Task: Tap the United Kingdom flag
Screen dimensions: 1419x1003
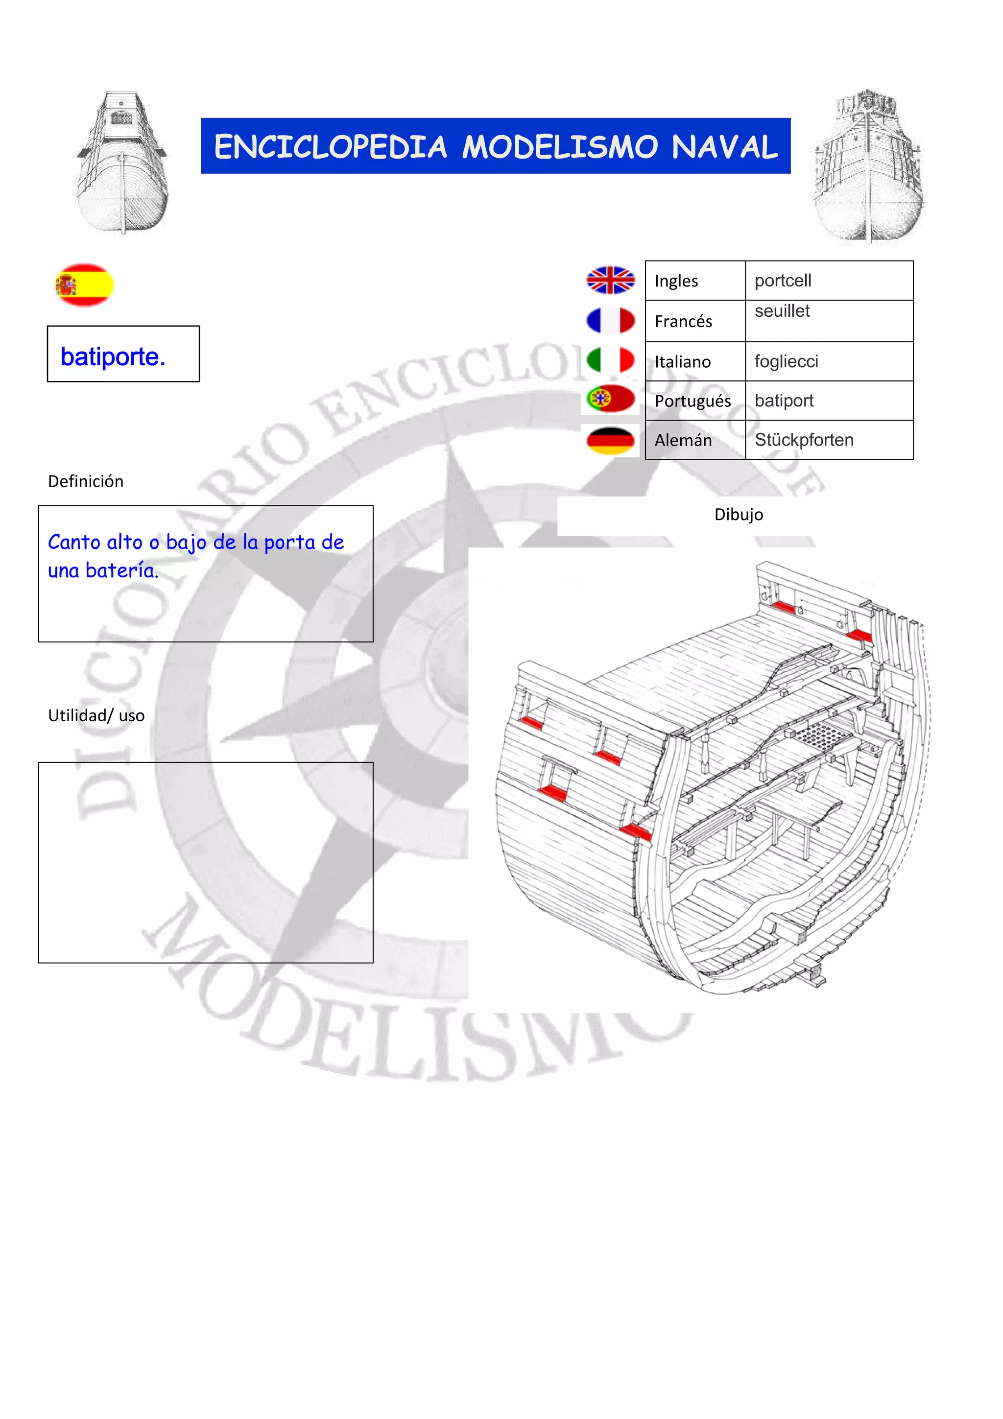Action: click(610, 281)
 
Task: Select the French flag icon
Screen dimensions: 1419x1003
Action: click(610, 321)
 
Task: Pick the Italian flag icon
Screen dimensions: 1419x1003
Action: click(610, 360)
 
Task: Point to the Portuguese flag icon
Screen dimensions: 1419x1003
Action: click(610, 399)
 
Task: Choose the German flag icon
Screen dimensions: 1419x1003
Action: click(610, 440)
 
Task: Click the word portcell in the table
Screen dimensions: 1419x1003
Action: click(783, 281)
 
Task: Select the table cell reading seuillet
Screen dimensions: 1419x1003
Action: click(782, 311)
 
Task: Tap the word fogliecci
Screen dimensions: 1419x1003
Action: click(786, 361)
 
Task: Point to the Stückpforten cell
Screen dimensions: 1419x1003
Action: click(804, 440)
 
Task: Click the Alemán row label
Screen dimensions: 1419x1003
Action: click(683, 440)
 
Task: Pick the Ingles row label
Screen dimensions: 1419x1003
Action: click(676, 281)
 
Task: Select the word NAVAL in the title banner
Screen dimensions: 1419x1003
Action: click(724, 147)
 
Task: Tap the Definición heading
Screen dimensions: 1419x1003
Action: click(86, 481)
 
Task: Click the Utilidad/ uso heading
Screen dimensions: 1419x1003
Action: click(96, 716)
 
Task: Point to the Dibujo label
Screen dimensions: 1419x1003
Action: click(739, 514)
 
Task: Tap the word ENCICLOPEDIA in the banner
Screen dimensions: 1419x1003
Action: click(330, 147)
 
